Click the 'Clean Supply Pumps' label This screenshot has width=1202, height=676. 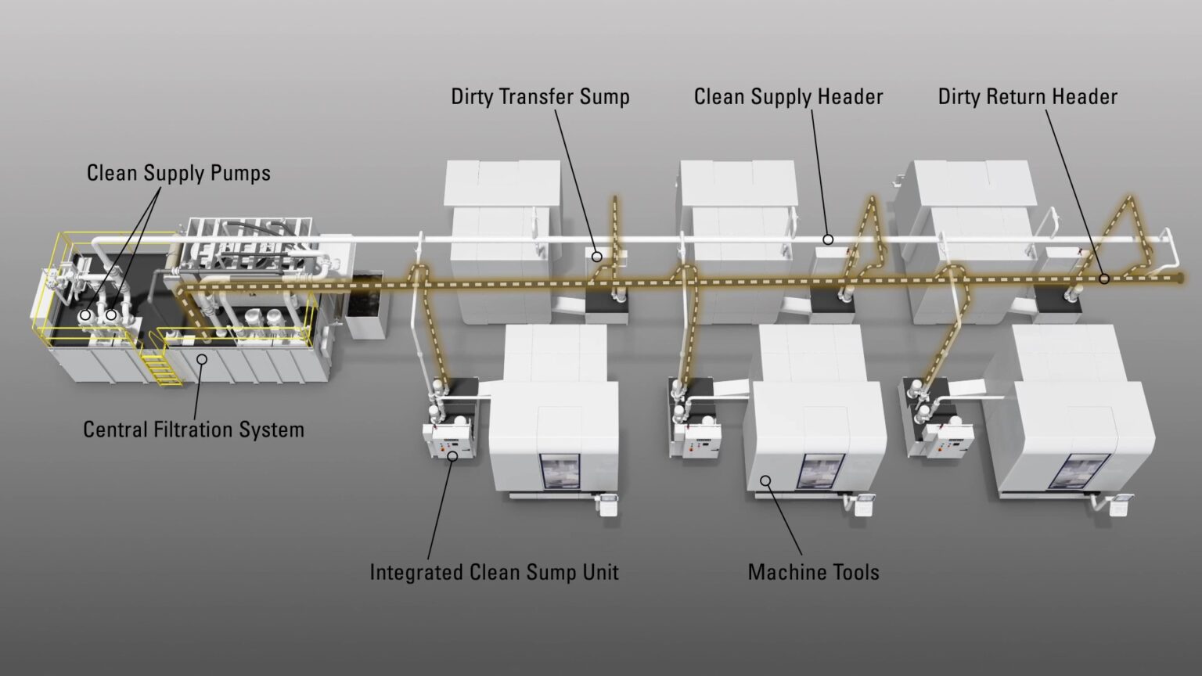pos(178,173)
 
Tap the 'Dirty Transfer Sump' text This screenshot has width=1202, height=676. pos(540,97)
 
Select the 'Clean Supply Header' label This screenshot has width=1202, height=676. pos(788,97)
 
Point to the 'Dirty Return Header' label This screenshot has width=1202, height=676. pos(1027,97)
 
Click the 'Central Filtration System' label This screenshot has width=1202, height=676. pos(193,430)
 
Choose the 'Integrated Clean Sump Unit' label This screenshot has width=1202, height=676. pos(494,572)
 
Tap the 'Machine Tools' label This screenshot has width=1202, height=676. pos(813,572)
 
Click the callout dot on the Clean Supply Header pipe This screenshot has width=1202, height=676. pos(828,239)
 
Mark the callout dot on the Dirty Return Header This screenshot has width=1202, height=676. pos(1104,279)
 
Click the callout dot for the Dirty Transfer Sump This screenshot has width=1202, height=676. pos(596,256)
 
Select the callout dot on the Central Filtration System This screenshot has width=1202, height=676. pos(201,359)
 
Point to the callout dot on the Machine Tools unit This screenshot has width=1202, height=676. pos(766,480)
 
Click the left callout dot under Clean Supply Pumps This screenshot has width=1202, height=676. pos(85,315)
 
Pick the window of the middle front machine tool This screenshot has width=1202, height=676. pos(820,472)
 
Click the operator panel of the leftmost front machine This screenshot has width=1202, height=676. pos(609,503)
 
